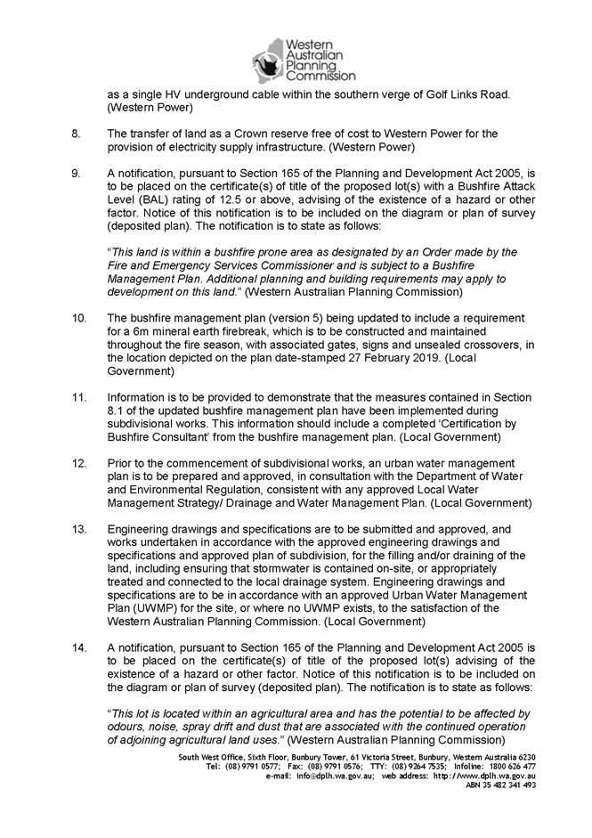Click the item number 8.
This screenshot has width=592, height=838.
76,134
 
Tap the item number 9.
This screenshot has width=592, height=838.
76,172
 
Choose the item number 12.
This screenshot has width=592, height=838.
78,464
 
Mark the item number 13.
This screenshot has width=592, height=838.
78,527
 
